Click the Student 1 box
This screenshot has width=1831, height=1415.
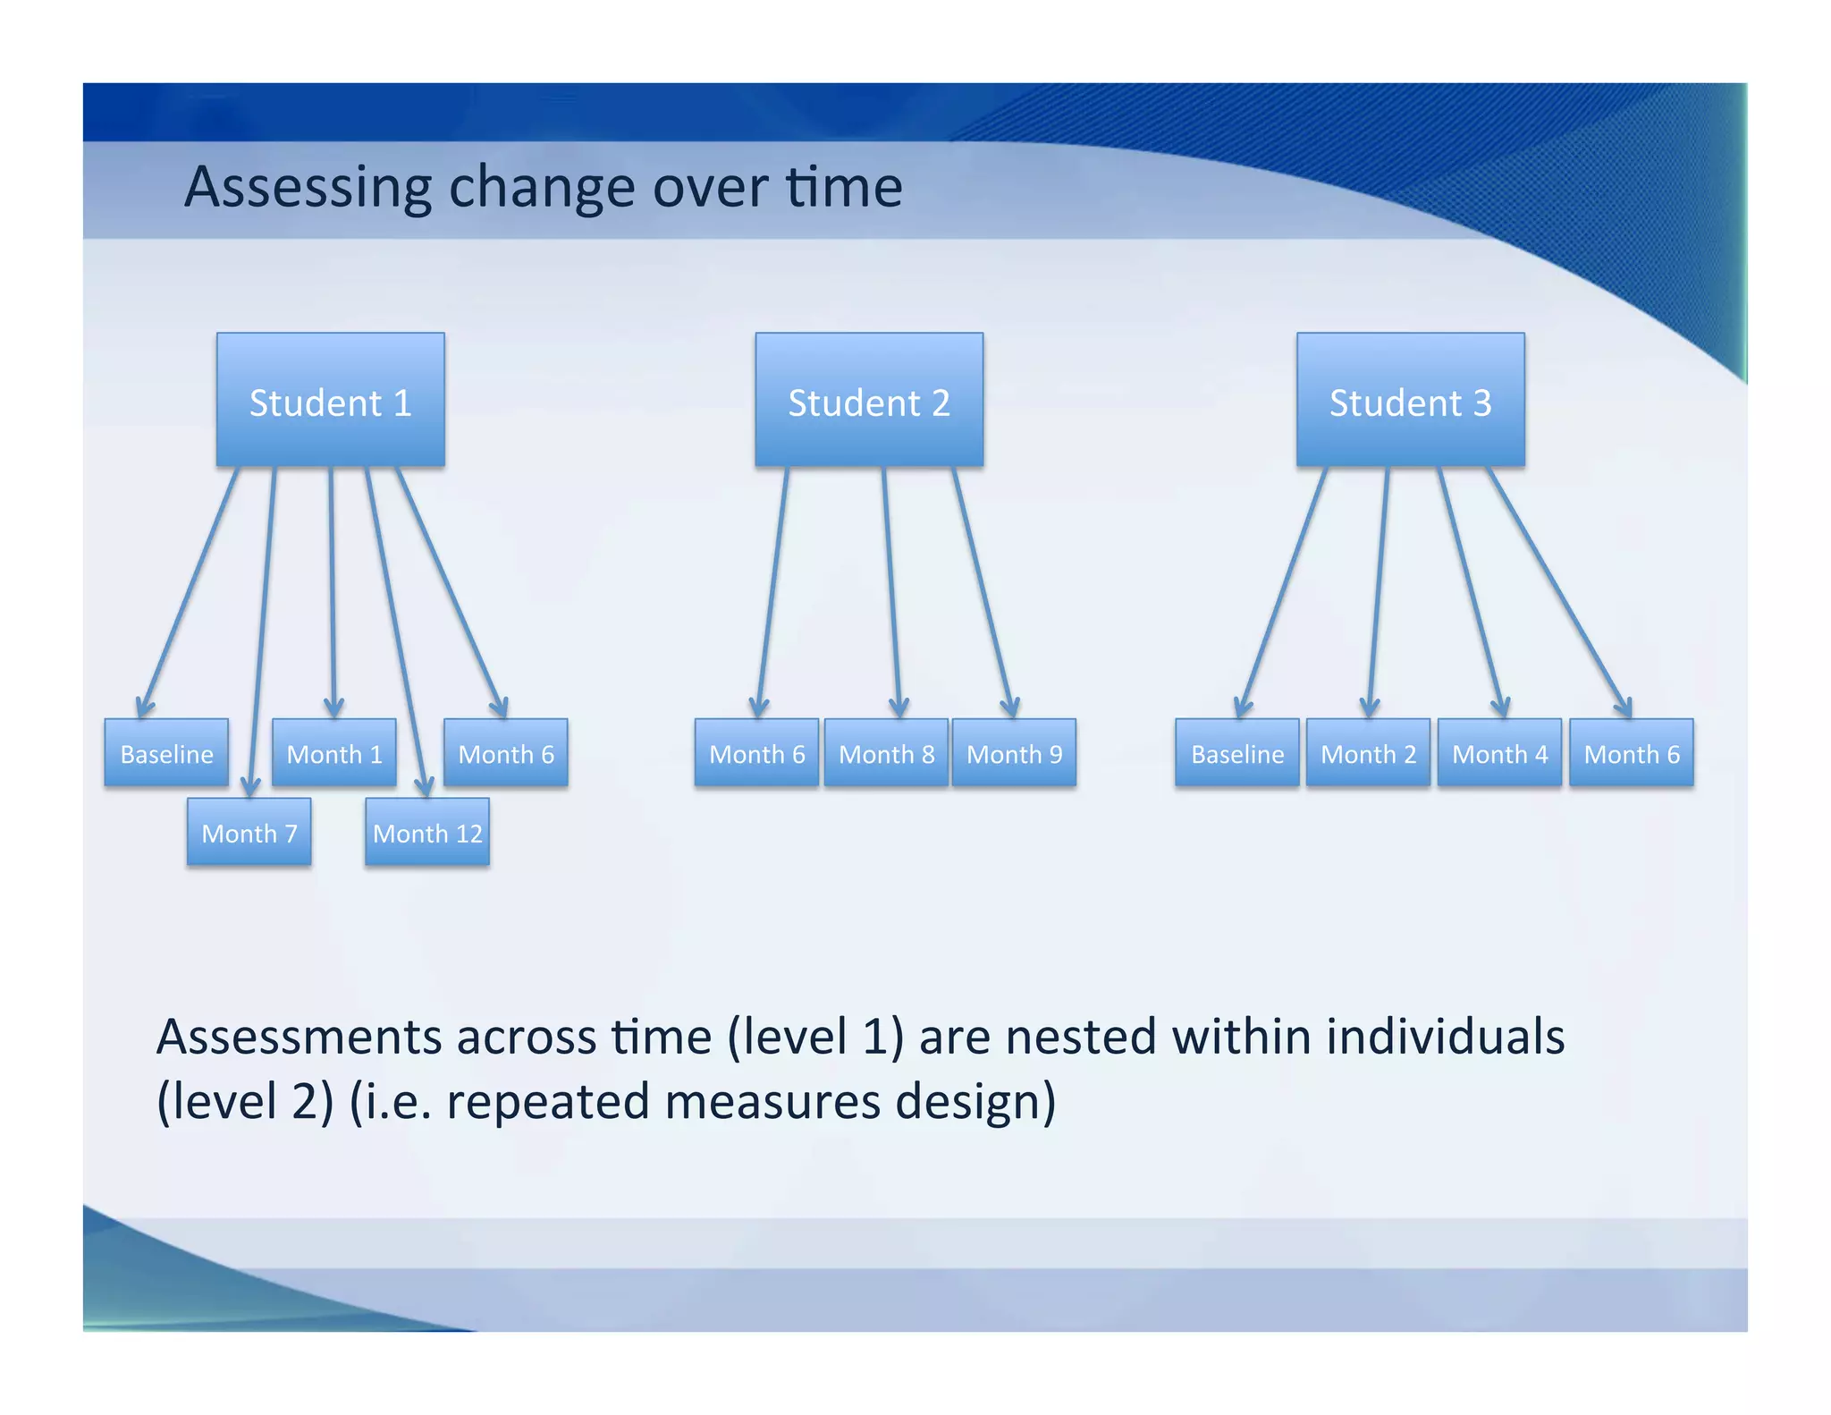point(330,400)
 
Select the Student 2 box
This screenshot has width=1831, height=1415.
point(868,400)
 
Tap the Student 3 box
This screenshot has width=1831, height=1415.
point(1410,400)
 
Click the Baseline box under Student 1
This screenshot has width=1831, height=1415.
point(166,753)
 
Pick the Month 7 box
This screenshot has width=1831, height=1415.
point(249,833)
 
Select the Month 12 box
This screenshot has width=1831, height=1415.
point(427,833)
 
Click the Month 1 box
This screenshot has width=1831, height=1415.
point(333,753)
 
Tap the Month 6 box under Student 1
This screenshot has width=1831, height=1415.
point(506,753)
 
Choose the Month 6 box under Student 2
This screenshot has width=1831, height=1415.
point(756,753)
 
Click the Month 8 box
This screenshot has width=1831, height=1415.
point(886,753)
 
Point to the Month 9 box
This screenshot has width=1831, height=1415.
point(1014,753)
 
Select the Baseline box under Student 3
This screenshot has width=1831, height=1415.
point(1237,753)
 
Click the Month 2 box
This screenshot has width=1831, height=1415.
point(1368,753)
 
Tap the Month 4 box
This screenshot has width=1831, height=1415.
point(1499,753)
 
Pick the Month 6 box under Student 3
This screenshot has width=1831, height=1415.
point(1632,753)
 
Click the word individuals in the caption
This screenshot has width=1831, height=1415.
point(1445,1038)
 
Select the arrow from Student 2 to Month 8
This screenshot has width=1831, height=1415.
point(892,590)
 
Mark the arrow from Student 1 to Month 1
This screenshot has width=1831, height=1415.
point(332,590)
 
